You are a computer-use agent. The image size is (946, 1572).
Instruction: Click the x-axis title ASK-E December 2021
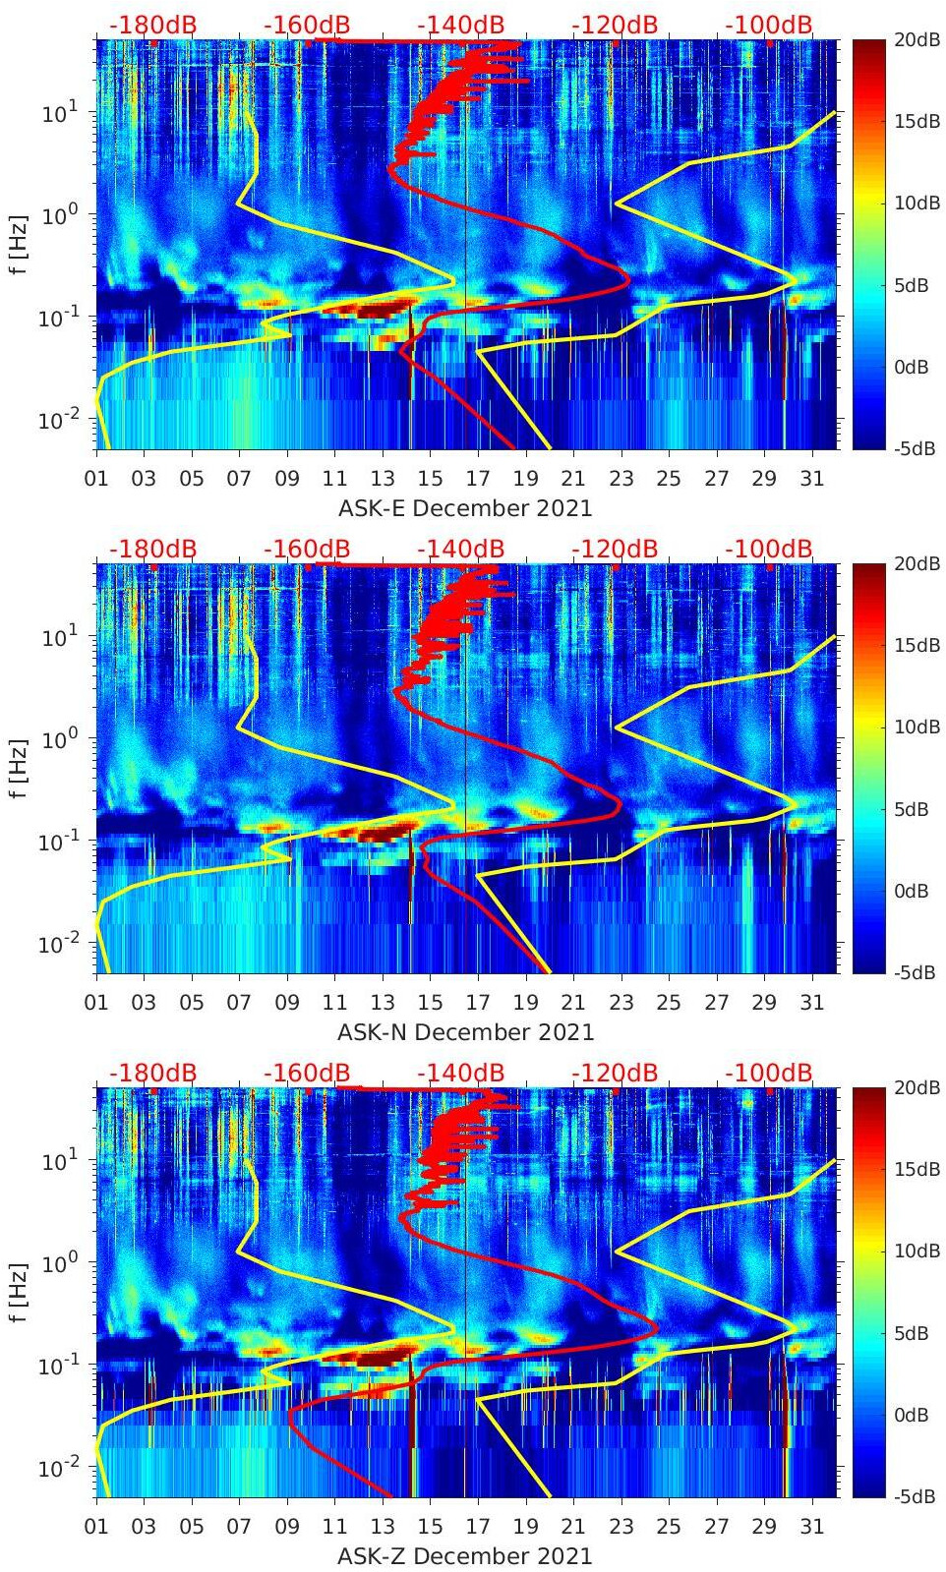465,508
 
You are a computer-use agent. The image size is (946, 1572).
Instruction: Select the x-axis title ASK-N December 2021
465,1032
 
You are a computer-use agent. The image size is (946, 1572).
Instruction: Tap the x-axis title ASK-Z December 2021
465,1556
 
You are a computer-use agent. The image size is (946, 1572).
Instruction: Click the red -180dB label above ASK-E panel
152,25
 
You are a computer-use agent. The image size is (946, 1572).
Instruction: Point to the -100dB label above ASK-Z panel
769,1073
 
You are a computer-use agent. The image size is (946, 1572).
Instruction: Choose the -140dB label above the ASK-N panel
460,549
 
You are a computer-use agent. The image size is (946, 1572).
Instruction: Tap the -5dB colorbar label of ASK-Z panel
914,1496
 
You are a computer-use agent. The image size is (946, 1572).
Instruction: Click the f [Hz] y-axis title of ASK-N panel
19,767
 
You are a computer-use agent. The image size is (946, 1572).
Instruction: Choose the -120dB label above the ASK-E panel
615,25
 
